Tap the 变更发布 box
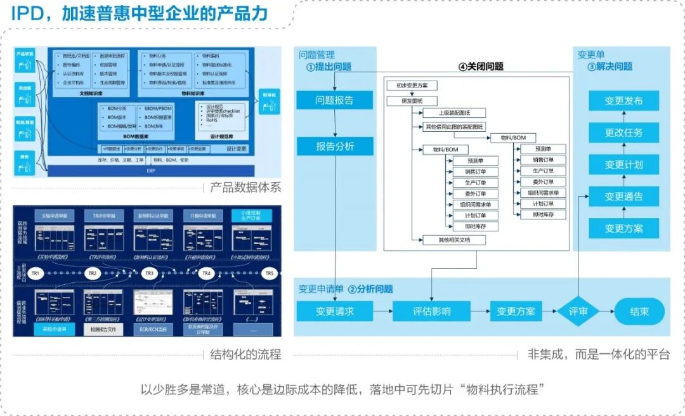pos(623,101)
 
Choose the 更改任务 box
pos(623,133)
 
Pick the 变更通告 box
pos(623,197)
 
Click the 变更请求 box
pos(334,311)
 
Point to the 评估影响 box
pos(431,311)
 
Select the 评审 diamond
pos(578,311)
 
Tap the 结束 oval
pos(639,311)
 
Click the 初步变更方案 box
pos(412,85)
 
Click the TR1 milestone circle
pos(36,273)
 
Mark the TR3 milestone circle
pos(149,273)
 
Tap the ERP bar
pos(150,171)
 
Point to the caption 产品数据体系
pos(245,188)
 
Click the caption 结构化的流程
pos(245,354)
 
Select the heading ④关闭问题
pos(481,67)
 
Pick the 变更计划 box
pos(623,164)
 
